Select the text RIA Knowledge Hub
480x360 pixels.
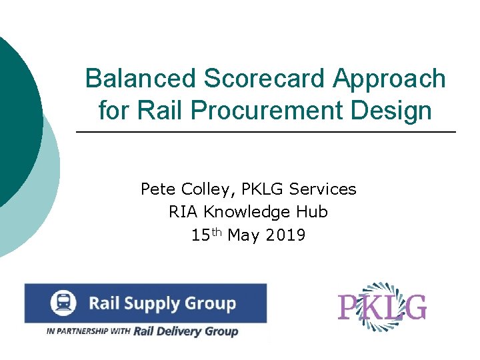coord(248,212)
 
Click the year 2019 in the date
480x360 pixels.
coord(285,235)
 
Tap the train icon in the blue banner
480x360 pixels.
coord(63,303)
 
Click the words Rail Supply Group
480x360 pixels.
coord(163,304)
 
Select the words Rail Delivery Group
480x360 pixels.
coord(185,331)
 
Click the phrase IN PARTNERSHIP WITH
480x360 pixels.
coord(88,331)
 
